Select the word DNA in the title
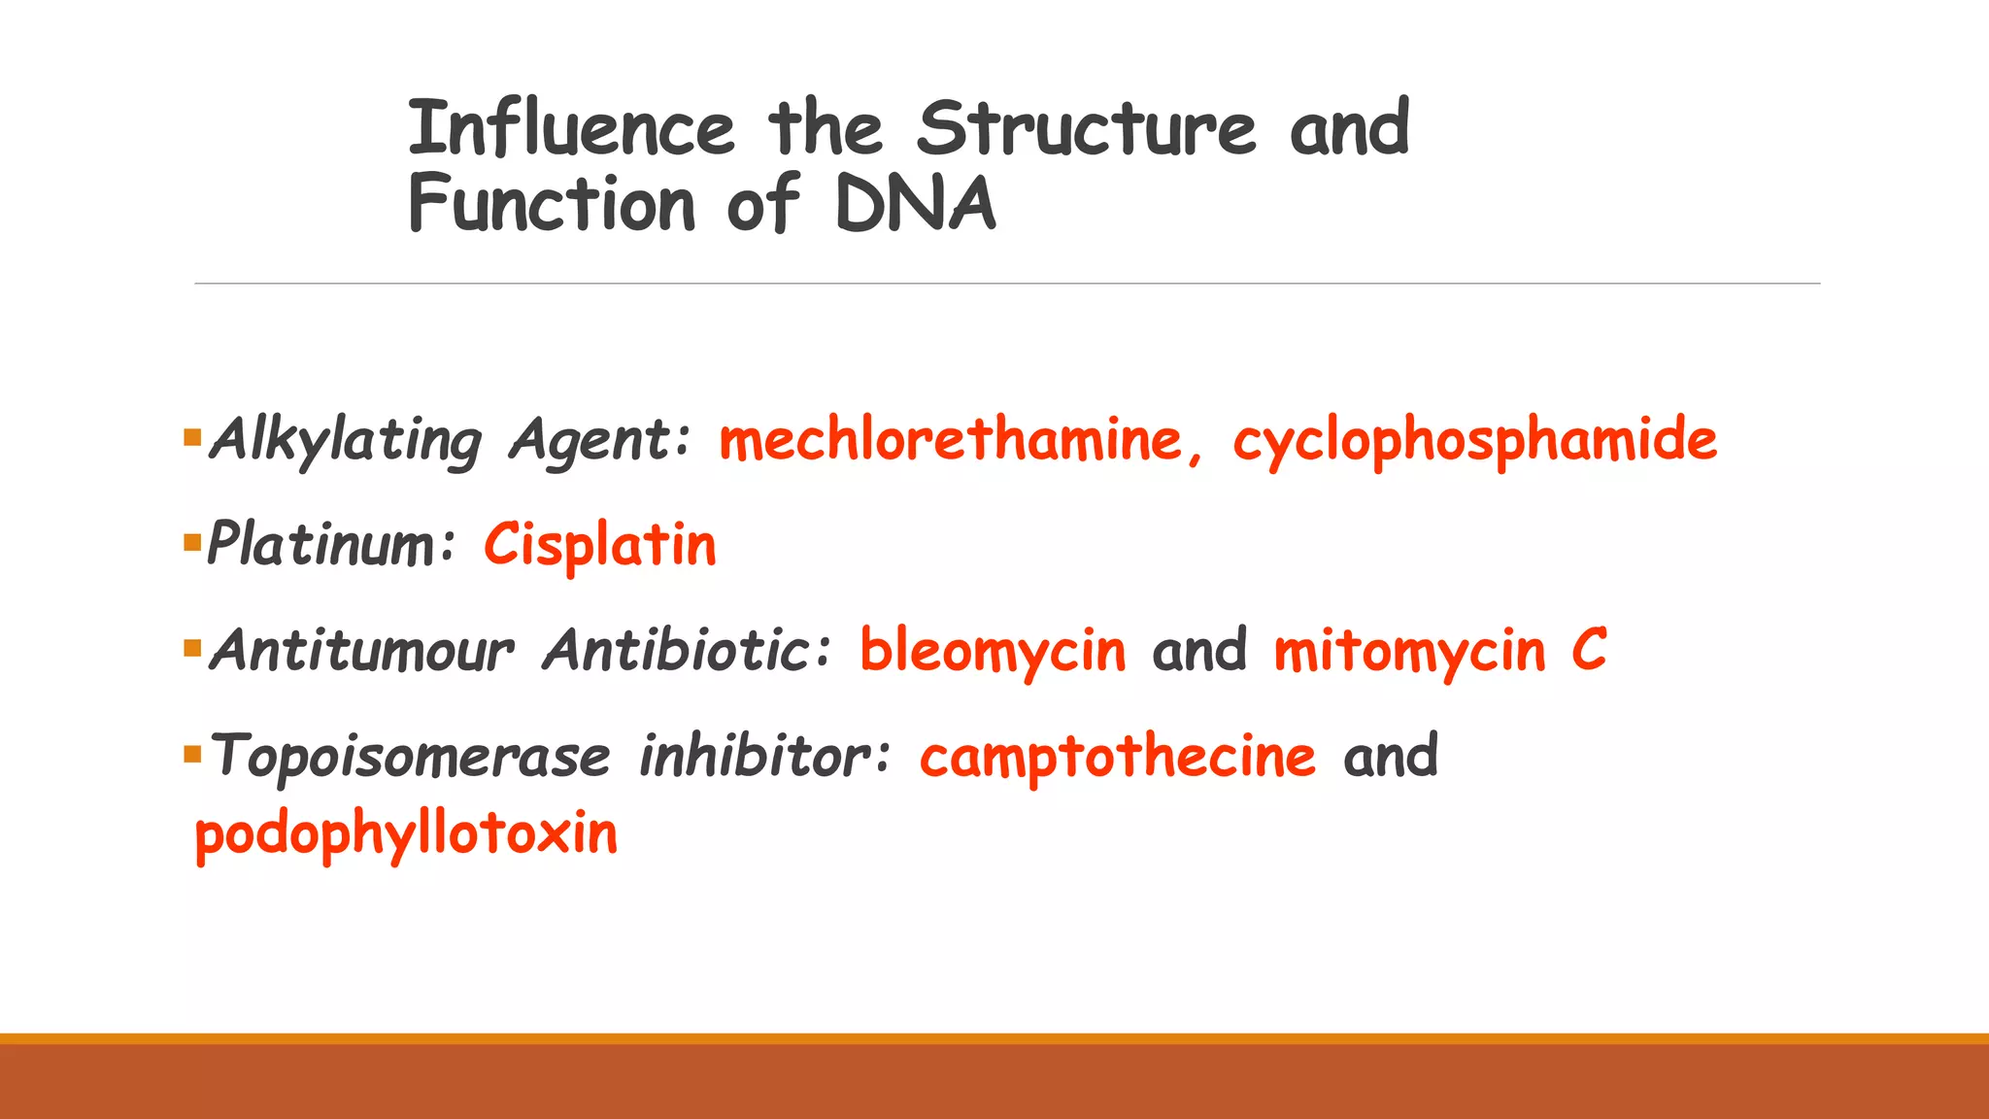(x=915, y=204)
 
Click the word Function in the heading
(x=552, y=204)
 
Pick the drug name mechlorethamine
(x=950, y=440)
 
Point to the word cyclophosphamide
(x=1474, y=440)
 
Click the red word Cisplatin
(x=600, y=545)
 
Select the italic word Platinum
(x=320, y=545)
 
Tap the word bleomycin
(x=993, y=650)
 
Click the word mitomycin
(x=1408, y=650)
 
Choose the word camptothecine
(x=1117, y=756)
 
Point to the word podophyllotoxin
(x=406, y=833)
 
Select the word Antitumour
(x=361, y=650)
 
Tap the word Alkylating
(x=346, y=440)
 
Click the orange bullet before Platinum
(x=191, y=542)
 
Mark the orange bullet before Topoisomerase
(x=191, y=754)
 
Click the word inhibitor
(x=756, y=756)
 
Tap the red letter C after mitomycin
(x=1589, y=650)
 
